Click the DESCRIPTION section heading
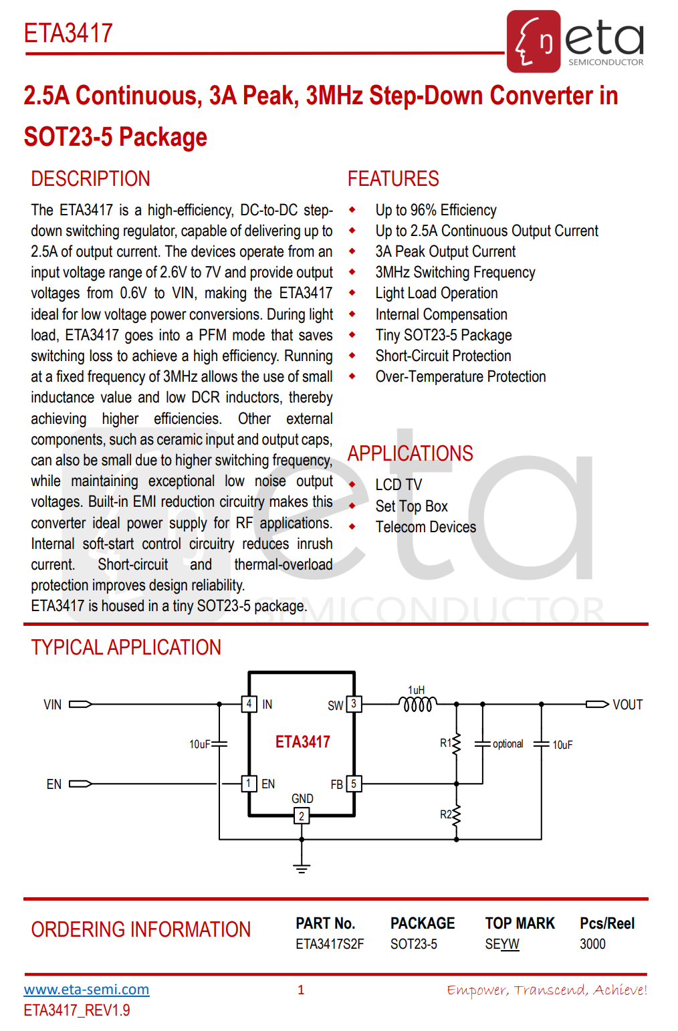click(x=90, y=179)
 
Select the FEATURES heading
click(x=393, y=179)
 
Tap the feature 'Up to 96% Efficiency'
click(x=435, y=210)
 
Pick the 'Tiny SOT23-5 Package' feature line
click(x=443, y=335)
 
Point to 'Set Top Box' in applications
click(x=411, y=506)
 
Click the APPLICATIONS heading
click(x=410, y=453)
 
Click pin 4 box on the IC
click(x=249, y=704)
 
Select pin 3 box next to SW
click(x=354, y=704)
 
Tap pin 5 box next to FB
click(x=354, y=784)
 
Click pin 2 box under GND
click(x=302, y=816)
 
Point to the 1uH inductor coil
click(x=418, y=704)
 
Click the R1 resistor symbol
click(x=457, y=743)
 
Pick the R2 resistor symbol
click(x=457, y=814)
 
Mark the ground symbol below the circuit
click(x=302, y=868)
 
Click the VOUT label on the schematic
click(x=627, y=705)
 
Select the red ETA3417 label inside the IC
click(x=302, y=741)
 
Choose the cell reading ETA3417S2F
click(x=330, y=944)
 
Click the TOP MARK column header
click(x=520, y=923)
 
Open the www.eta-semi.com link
click(x=86, y=990)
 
